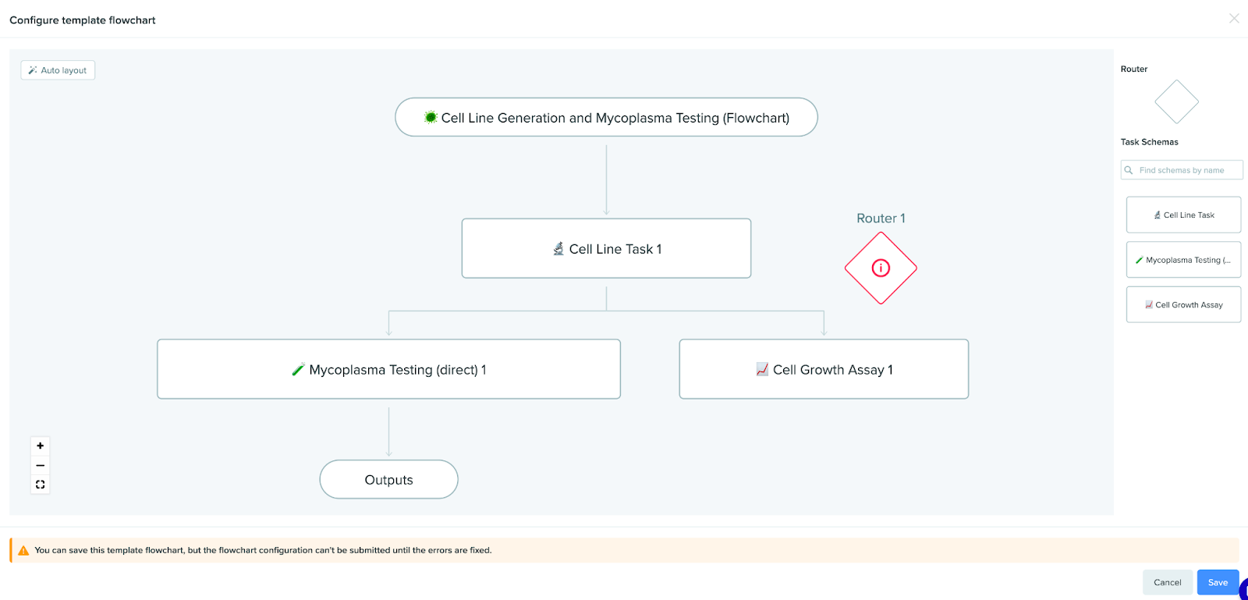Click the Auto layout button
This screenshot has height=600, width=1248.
click(x=58, y=70)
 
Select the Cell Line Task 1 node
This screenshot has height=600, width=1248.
click(x=606, y=248)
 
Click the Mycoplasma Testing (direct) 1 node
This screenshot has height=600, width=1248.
click(x=389, y=369)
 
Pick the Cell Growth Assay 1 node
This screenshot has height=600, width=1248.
click(x=824, y=369)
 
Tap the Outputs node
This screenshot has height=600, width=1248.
click(x=389, y=480)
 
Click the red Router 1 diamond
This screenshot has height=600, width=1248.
click(x=881, y=268)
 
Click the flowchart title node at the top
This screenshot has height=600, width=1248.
click(x=606, y=118)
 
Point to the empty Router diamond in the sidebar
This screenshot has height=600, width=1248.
click(x=1177, y=102)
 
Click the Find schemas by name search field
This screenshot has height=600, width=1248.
click(x=1182, y=170)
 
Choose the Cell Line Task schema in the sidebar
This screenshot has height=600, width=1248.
click(x=1183, y=215)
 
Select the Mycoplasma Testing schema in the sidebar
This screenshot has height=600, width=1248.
click(x=1183, y=260)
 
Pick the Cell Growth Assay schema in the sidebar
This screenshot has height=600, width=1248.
click(x=1183, y=305)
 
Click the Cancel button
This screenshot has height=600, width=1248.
click(x=1167, y=582)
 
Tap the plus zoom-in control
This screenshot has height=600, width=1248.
click(x=40, y=446)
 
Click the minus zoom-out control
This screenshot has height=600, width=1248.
click(x=40, y=465)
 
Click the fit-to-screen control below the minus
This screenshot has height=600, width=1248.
click(x=40, y=485)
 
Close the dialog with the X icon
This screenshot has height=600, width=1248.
click(x=1234, y=19)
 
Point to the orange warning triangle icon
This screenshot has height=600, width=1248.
click(x=23, y=550)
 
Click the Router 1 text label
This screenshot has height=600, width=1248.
click(x=881, y=218)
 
